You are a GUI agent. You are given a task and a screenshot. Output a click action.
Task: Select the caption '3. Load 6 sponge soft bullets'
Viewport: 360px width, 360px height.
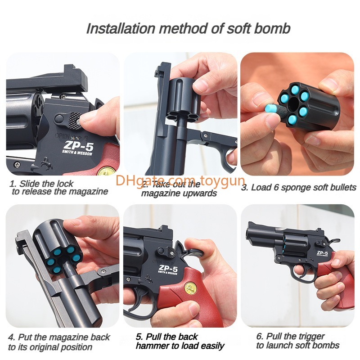click(x=298, y=188)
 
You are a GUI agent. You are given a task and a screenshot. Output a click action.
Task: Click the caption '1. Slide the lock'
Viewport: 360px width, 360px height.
click(x=41, y=184)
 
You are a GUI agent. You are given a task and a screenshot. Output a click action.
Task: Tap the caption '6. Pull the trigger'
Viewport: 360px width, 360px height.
click(x=290, y=336)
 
